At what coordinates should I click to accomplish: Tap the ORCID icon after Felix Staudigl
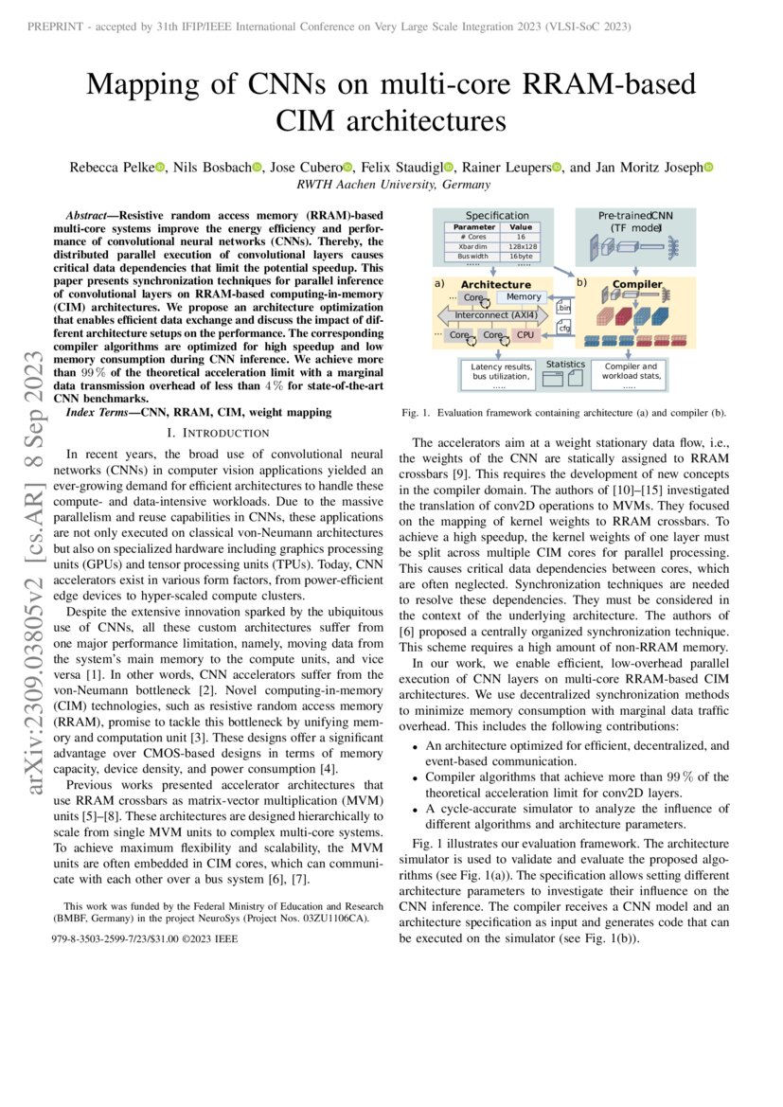pyautogui.click(x=449, y=169)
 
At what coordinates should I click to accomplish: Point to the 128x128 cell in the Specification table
pyautogui.click(x=520, y=246)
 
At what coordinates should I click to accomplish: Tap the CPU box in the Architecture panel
pyautogui.click(x=525, y=335)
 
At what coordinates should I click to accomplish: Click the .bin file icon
pyautogui.click(x=563, y=305)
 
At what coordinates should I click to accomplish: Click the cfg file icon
pyautogui.click(x=563, y=328)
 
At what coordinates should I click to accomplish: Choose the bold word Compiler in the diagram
pyautogui.click(x=636, y=284)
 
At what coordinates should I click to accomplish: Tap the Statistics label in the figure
pyautogui.click(x=566, y=365)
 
